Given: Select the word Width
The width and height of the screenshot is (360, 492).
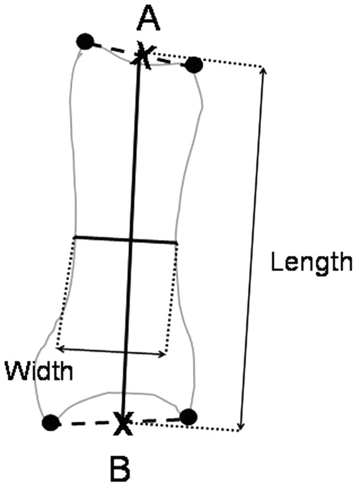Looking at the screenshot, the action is (39, 370).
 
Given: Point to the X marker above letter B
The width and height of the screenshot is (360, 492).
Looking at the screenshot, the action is (122, 423).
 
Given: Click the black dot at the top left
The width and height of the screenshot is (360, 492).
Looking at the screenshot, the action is (85, 41).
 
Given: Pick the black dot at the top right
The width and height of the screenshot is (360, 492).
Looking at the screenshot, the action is (194, 65).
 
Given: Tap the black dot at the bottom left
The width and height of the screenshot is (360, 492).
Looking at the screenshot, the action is (50, 423).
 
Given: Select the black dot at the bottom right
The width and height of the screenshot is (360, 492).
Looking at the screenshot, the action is (189, 417).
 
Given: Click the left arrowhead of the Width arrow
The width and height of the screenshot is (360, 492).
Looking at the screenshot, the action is (59, 347).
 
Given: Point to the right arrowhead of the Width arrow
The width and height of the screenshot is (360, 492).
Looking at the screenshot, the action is (163, 354).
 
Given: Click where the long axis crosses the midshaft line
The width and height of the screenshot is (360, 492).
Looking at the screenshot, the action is (131, 240).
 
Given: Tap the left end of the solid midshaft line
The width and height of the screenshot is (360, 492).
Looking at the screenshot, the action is (75, 237).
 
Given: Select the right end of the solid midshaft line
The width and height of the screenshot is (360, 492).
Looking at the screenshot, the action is (176, 243).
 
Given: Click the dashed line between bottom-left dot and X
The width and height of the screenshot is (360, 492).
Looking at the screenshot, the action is (86, 423).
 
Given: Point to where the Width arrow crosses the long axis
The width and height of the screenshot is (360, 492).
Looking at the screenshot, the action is (126, 351).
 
